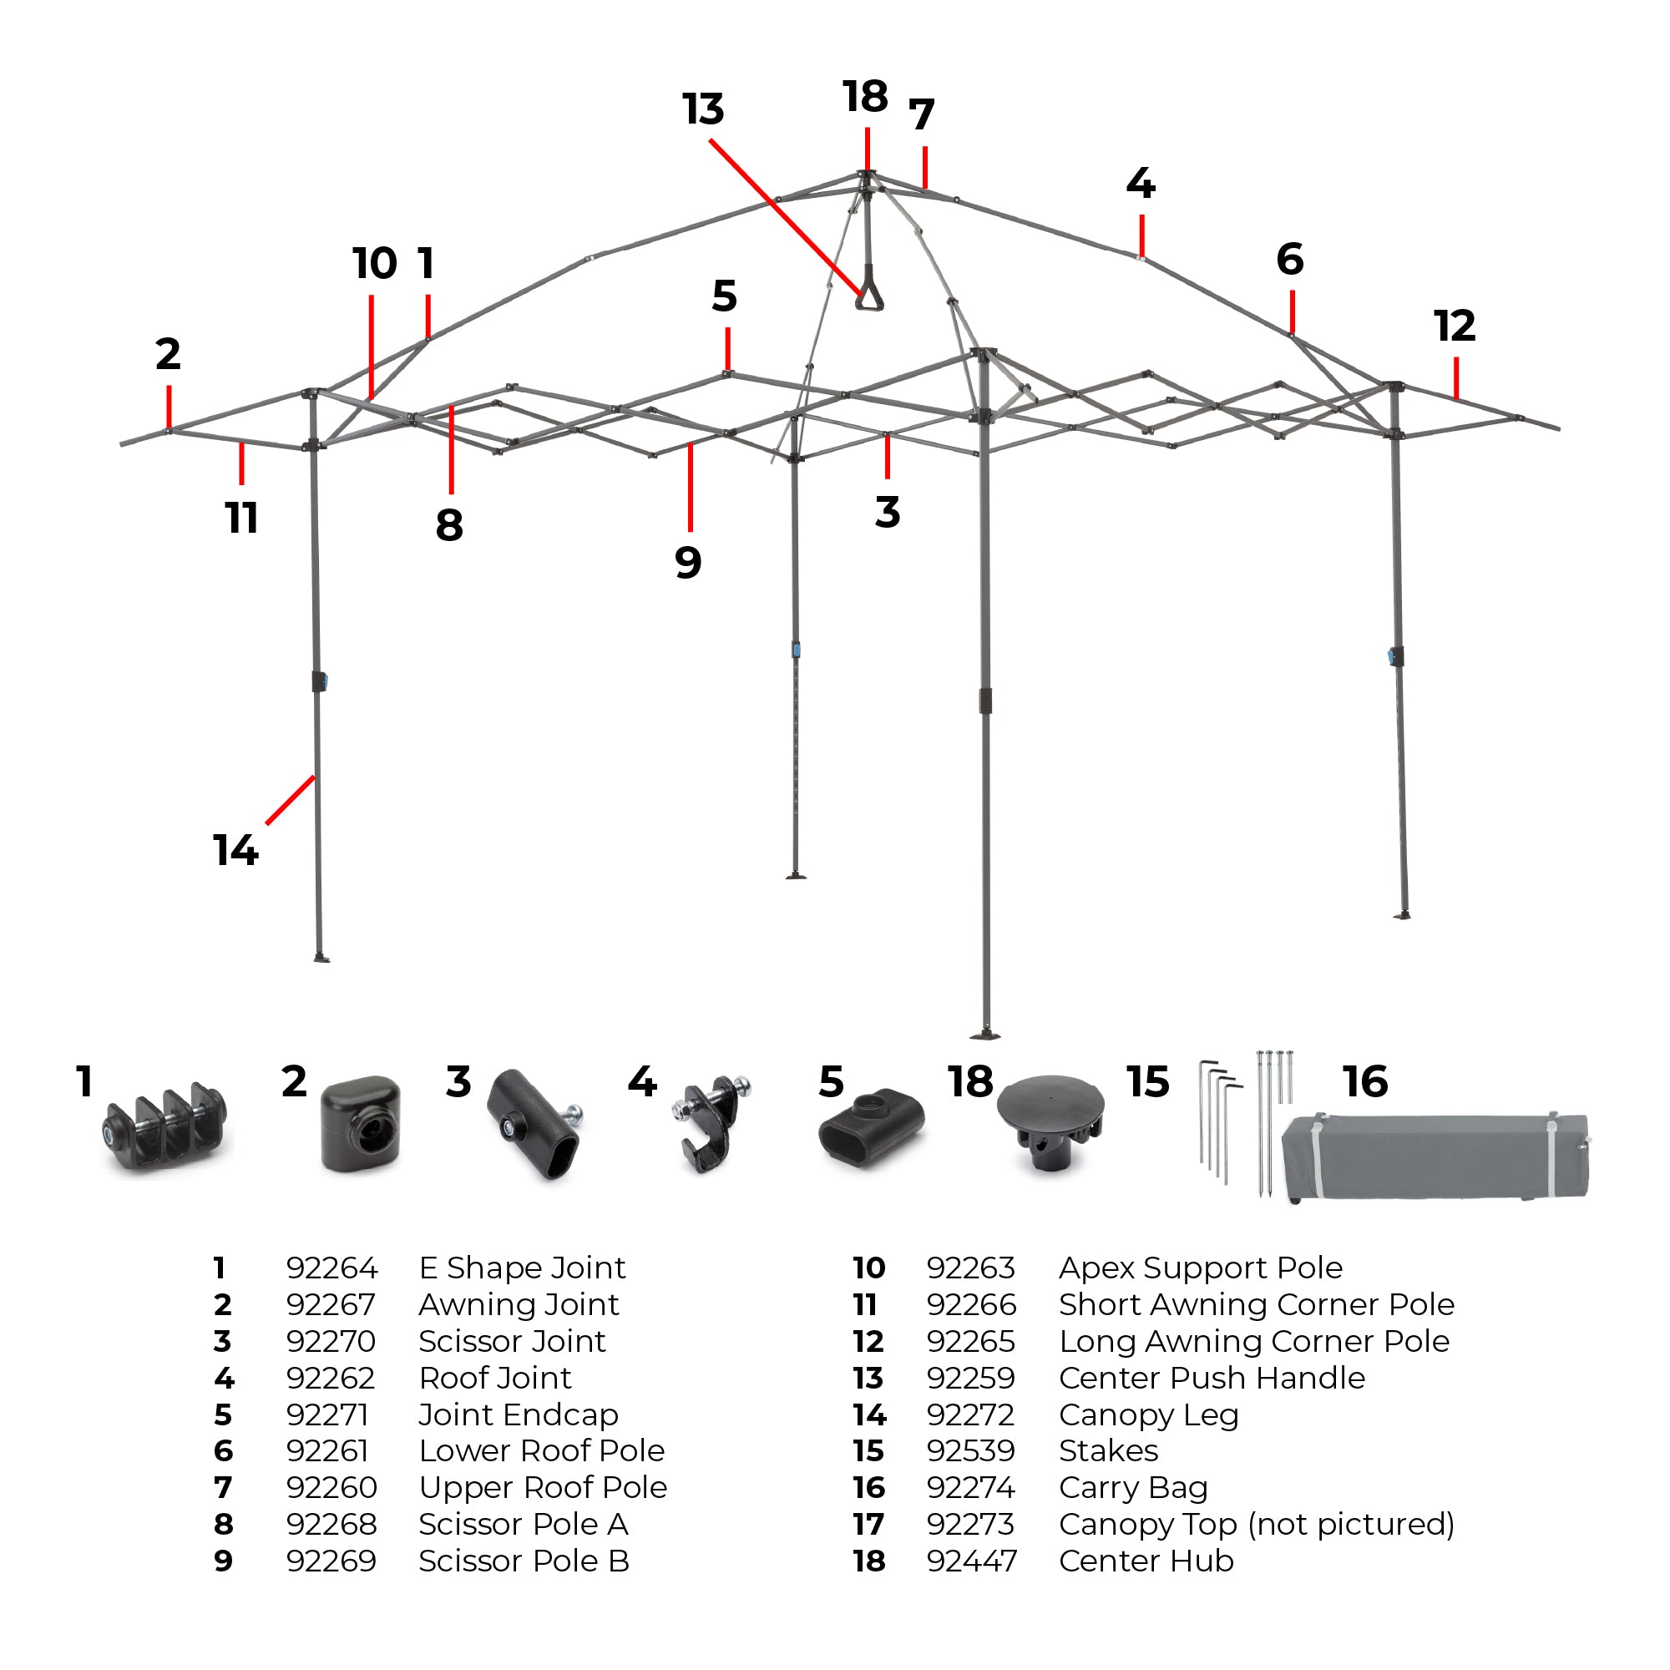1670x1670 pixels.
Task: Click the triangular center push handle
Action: click(x=868, y=292)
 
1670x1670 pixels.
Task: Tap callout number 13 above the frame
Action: click(x=703, y=109)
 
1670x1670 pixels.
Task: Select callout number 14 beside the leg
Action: click(x=235, y=850)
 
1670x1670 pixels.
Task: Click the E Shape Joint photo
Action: click(x=166, y=1128)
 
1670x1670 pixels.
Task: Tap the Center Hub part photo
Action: click(x=1050, y=1122)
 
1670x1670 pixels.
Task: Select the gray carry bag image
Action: click(x=1435, y=1156)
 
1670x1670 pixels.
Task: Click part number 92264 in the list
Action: click(x=332, y=1268)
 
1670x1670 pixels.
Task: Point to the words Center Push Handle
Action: click(x=1211, y=1378)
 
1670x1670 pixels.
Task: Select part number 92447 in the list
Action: click(x=971, y=1561)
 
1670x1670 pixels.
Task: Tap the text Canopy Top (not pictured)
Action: click(x=1256, y=1524)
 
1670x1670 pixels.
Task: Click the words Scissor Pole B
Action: click(x=524, y=1561)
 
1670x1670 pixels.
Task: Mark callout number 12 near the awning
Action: click(x=1454, y=326)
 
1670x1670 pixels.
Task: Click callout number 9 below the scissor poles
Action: click(x=688, y=563)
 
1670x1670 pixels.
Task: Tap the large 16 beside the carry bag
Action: click(x=1365, y=1082)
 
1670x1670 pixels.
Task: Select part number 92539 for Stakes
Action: click(x=971, y=1450)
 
